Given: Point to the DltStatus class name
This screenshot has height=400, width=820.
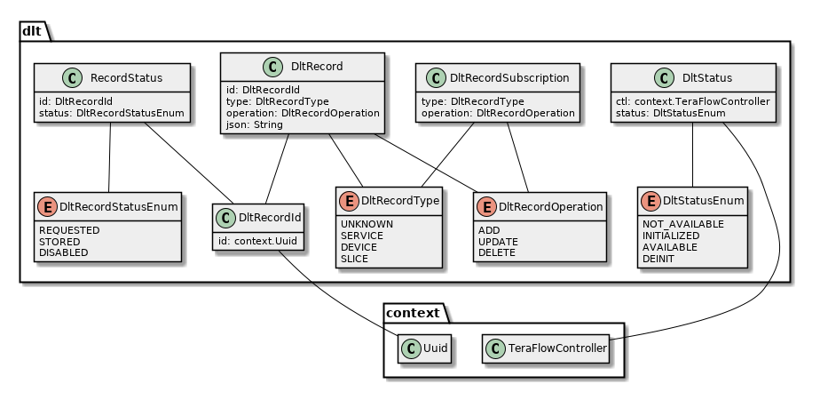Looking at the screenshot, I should pyautogui.click(x=707, y=77).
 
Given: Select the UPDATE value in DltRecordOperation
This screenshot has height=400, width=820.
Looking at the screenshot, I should pyautogui.click(x=499, y=241).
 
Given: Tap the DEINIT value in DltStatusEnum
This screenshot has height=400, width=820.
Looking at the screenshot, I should pyautogui.click(x=659, y=258).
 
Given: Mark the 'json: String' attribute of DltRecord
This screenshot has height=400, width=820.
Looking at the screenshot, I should pyautogui.click(x=255, y=125).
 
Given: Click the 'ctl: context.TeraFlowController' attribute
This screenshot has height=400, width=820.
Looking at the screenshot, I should pyautogui.click(x=692, y=101).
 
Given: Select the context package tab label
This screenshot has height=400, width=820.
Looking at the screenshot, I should pyautogui.click(x=414, y=313).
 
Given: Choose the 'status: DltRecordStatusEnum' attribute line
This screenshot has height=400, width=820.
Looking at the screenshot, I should pyautogui.click(x=111, y=113).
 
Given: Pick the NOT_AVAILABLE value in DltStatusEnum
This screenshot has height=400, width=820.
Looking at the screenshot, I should pyautogui.click(x=682, y=223).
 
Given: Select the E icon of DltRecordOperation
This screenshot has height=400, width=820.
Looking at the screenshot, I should pyautogui.click(x=486, y=206).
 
